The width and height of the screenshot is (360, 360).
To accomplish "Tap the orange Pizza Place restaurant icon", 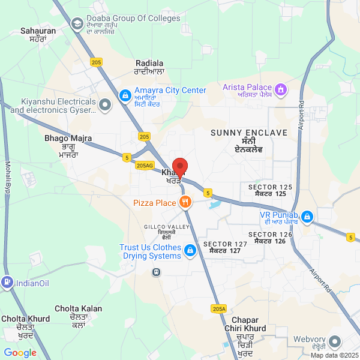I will click(186, 202).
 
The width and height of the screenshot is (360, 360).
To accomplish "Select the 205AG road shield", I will click(145, 166).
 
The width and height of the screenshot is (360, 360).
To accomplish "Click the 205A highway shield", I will click(220, 308).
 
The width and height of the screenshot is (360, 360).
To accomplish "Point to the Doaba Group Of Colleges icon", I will click(77, 23).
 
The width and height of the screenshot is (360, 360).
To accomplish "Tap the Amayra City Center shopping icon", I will click(125, 94).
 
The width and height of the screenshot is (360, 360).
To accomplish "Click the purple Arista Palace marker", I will click(281, 91).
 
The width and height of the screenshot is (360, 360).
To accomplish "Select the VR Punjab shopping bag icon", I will click(307, 215).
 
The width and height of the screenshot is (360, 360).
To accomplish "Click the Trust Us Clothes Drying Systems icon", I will click(190, 250).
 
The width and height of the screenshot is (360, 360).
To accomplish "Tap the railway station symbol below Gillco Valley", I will click(156, 272).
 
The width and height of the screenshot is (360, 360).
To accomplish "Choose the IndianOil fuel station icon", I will click(7, 281).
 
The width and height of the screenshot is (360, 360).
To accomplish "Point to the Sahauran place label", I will click(38, 34).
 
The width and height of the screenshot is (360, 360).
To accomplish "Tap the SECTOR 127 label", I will click(225, 247).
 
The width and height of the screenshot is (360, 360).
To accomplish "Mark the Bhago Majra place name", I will click(68, 146).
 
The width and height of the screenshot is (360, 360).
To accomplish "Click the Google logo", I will click(20, 353).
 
